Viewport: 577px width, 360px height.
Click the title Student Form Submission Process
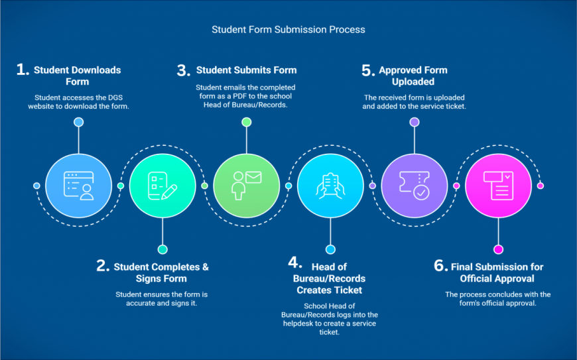tap(288, 29)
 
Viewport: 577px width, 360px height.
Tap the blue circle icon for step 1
tap(79, 186)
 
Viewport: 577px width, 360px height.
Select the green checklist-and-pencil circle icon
tap(162, 186)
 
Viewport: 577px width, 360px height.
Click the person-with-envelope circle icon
tap(247, 186)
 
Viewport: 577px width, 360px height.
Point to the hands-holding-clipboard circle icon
tap(330, 186)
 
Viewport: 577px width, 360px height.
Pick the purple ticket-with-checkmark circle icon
tap(415, 186)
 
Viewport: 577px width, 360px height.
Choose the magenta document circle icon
tap(498, 186)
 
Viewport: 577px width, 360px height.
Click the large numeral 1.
tap(23, 70)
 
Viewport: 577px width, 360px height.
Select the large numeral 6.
tap(441, 266)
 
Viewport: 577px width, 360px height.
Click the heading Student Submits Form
tap(246, 70)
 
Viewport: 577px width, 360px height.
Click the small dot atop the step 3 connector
tap(247, 122)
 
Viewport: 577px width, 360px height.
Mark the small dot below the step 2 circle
tap(162, 249)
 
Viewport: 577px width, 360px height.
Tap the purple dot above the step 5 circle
tap(415, 122)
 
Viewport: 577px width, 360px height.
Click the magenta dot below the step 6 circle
tap(498, 249)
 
